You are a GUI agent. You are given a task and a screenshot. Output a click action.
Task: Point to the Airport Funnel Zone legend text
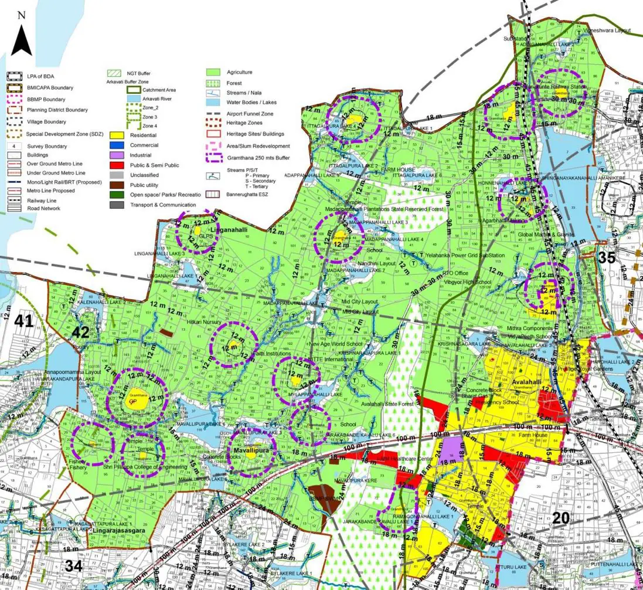[253, 113]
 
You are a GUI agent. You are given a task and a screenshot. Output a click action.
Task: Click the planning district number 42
[80, 333]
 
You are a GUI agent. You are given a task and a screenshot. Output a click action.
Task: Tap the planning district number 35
[607, 257]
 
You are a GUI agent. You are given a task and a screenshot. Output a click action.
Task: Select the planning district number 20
[561, 517]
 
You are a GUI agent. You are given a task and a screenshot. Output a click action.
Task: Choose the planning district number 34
[74, 566]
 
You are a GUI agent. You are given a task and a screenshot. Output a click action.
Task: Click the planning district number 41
[24, 321]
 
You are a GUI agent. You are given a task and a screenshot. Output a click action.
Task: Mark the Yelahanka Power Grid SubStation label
[466, 255]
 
